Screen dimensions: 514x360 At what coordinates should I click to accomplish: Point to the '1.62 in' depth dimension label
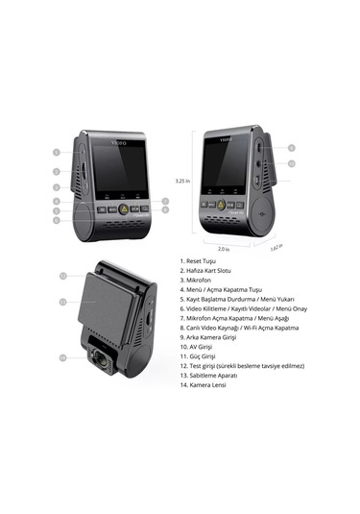pos(275,247)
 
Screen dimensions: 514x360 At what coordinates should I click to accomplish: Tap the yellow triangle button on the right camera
pos(220,204)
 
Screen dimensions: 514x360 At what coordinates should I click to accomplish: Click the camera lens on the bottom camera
pos(102,363)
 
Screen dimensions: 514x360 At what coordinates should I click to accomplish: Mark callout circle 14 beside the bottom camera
pos(63,357)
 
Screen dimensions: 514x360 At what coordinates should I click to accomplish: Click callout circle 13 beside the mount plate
pos(63,301)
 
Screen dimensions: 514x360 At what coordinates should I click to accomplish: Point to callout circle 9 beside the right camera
pos(291,148)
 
